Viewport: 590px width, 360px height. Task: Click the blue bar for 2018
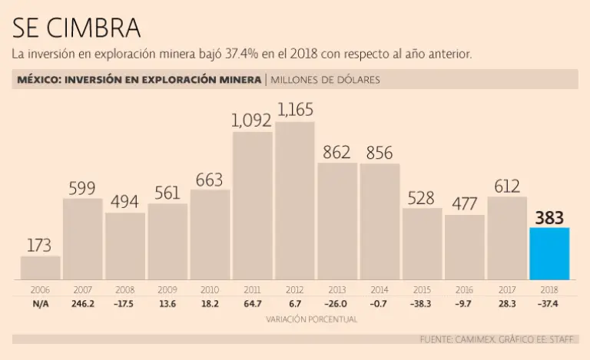coord(549,253)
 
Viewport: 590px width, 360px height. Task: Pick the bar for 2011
coord(252,205)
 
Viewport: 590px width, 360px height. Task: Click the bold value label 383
coord(549,217)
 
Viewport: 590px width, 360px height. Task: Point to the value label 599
coord(82,188)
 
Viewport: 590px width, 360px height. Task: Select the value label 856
coord(380,153)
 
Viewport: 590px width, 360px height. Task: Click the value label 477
coord(464,204)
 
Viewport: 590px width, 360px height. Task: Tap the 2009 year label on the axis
coord(167,290)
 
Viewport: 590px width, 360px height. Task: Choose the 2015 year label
coord(422,290)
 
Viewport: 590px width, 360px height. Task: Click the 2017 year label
coord(507,290)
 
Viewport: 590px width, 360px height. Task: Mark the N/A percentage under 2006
coord(40,304)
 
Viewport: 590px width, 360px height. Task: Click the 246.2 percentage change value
coord(82,304)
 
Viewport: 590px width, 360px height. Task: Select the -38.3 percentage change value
coord(422,304)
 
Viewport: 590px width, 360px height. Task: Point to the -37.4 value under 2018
coord(549,304)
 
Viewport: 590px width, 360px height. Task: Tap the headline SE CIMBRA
coord(77,28)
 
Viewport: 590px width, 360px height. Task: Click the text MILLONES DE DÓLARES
coord(325,80)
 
